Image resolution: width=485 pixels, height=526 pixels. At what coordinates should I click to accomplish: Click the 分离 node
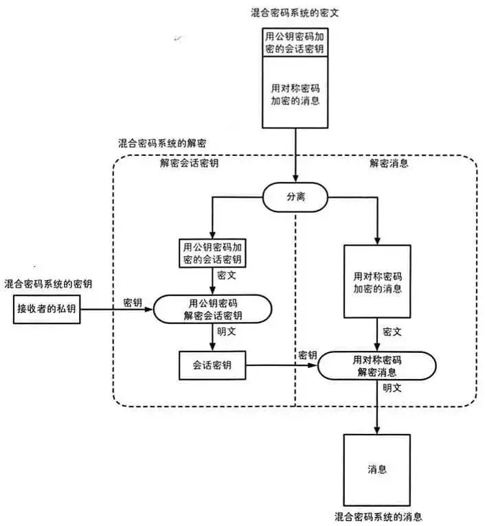pyautogui.click(x=295, y=197)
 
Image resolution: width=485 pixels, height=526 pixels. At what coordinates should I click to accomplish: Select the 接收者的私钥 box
pyautogui.click(x=46, y=309)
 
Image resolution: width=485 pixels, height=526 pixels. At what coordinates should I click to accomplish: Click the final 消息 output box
pyautogui.click(x=376, y=470)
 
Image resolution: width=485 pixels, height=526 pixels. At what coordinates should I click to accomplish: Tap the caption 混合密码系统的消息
pyautogui.click(x=377, y=516)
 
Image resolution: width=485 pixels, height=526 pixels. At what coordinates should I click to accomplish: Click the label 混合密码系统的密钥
pyautogui.click(x=49, y=283)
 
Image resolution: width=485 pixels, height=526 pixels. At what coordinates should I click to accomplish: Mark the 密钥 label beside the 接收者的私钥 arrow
pyautogui.click(x=133, y=302)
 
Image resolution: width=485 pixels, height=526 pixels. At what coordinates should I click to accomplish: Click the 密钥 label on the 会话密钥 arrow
pyautogui.click(x=307, y=355)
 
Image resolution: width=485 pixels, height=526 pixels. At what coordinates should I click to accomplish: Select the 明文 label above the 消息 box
pyautogui.click(x=392, y=388)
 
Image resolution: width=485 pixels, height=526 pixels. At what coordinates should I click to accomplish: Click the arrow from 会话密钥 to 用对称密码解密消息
pyautogui.click(x=282, y=366)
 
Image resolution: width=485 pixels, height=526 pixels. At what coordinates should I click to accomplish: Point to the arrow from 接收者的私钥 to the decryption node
pyautogui.click(x=117, y=310)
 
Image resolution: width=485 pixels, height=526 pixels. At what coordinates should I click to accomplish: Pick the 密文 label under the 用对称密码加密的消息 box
pyautogui.click(x=392, y=332)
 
